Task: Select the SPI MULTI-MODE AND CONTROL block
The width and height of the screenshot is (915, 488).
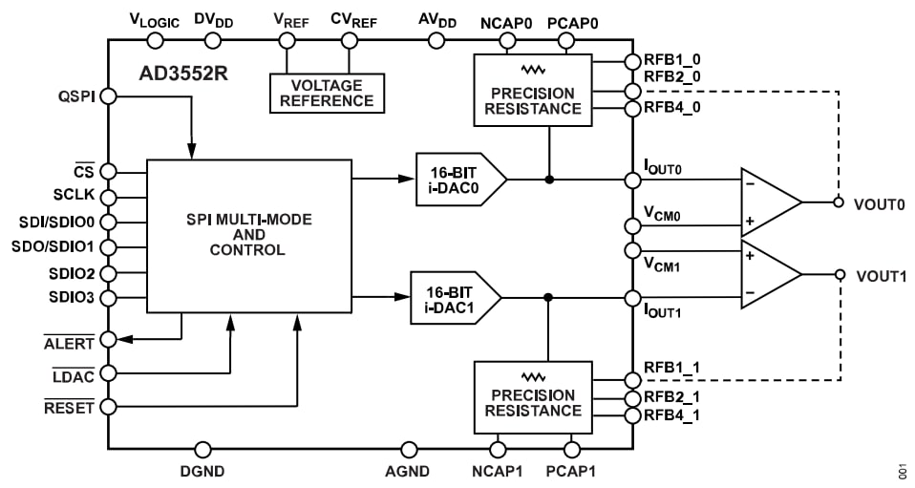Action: click(247, 235)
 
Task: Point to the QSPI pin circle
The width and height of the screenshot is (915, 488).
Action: click(109, 95)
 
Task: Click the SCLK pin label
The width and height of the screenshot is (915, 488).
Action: click(74, 196)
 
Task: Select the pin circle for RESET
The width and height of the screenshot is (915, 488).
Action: click(109, 407)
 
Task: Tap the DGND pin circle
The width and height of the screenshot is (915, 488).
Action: click(202, 449)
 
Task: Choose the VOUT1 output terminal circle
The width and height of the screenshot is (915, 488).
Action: click(840, 275)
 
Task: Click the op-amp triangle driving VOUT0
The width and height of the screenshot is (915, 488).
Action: click(770, 202)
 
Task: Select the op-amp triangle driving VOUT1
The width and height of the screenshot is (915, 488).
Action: click(770, 275)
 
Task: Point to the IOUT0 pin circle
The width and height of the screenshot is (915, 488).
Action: click(631, 180)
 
